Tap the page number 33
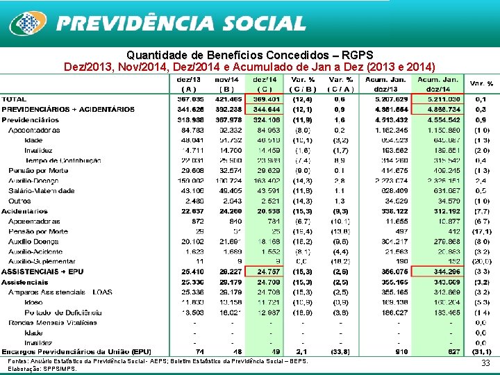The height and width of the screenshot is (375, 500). point(485,363)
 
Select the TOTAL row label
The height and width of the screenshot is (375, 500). point(15,99)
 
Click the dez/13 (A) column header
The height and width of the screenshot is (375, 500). point(188,83)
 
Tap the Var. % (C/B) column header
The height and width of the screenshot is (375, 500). point(302,83)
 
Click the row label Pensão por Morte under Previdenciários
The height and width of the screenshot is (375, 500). point(38,170)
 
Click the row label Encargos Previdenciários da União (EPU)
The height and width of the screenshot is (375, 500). point(76,351)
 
